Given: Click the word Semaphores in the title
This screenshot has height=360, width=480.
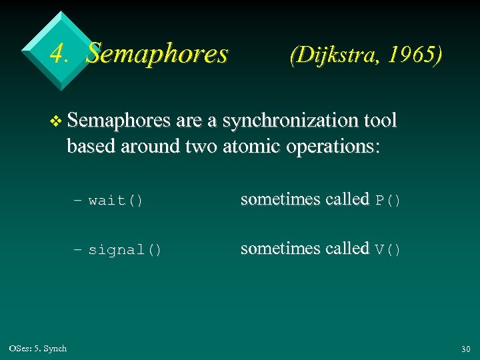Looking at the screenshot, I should coord(157,53).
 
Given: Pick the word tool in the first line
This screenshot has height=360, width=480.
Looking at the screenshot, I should coord(382,121).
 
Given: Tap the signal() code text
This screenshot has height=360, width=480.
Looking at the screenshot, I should coord(125,250).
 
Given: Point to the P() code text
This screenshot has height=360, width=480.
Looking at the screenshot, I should coord(388,201).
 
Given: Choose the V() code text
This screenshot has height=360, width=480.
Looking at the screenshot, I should coord(388,250).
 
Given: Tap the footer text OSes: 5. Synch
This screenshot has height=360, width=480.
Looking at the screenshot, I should coord(38,349).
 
